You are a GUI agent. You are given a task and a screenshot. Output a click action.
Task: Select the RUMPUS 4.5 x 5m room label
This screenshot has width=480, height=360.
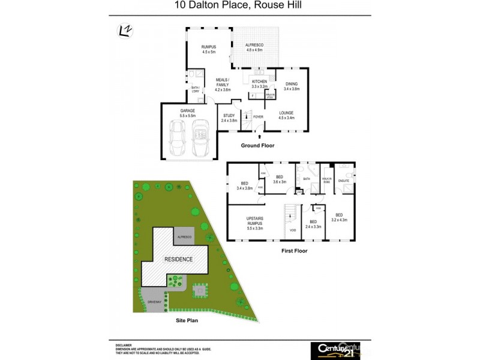tap(208, 49)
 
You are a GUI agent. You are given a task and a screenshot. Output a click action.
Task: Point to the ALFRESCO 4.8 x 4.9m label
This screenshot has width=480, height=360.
tap(259, 47)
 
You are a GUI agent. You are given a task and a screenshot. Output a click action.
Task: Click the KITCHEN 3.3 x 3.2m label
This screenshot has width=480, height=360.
tap(259, 83)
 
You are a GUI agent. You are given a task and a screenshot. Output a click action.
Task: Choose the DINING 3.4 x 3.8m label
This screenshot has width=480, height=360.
tap(291, 86)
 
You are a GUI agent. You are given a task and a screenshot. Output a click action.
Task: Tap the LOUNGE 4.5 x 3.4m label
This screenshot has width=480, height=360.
tap(287, 115)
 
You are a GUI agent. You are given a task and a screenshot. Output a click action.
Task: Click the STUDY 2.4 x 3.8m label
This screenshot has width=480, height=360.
tap(229, 118)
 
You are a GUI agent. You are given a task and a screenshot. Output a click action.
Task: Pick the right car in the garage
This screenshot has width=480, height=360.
tap(200, 138)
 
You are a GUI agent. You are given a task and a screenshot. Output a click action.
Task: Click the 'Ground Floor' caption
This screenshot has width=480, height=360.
tap(258, 146)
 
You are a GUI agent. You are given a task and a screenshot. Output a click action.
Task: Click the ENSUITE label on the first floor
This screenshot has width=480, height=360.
tap(344, 181)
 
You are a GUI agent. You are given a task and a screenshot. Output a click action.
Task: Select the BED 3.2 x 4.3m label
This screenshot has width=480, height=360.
tap(339, 218)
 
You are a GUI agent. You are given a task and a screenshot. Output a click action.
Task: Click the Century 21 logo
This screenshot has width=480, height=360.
tap(335, 350)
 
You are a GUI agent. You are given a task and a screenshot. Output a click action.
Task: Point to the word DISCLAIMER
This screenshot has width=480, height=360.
tap(124, 346)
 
